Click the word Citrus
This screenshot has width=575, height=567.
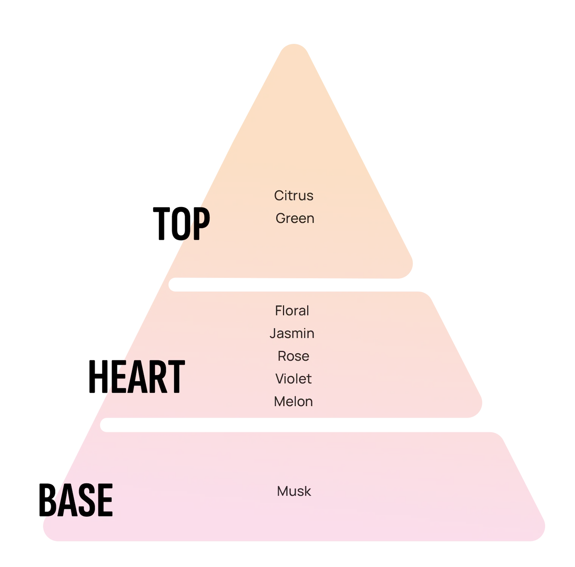[294, 196]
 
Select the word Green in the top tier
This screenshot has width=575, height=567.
[295, 218]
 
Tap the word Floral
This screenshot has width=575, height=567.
[292, 311]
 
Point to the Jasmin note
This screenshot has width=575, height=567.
[292, 333]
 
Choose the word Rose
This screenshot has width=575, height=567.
[293, 356]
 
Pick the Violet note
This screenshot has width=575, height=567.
[293, 379]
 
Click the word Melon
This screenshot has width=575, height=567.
[293, 401]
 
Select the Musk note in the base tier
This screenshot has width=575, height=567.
[294, 491]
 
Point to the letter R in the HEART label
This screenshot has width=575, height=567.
[154, 377]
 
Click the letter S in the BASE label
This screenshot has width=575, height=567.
[84, 500]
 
